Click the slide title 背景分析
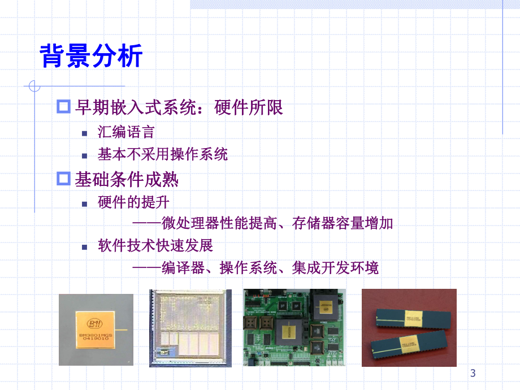(x=91, y=57)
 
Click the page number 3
(x=473, y=373)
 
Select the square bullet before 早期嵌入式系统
(x=63, y=107)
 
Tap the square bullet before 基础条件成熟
(x=63, y=180)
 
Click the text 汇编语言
(x=126, y=133)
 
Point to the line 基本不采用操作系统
(x=162, y=154)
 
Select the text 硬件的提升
(x=133, y=202)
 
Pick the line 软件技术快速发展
(x=155, y=246)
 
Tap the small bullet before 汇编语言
(x=85, y=133)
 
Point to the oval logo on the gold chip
(x=95, y=323)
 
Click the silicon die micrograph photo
(x=190, y=328)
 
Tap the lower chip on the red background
(x=407, y=344)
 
